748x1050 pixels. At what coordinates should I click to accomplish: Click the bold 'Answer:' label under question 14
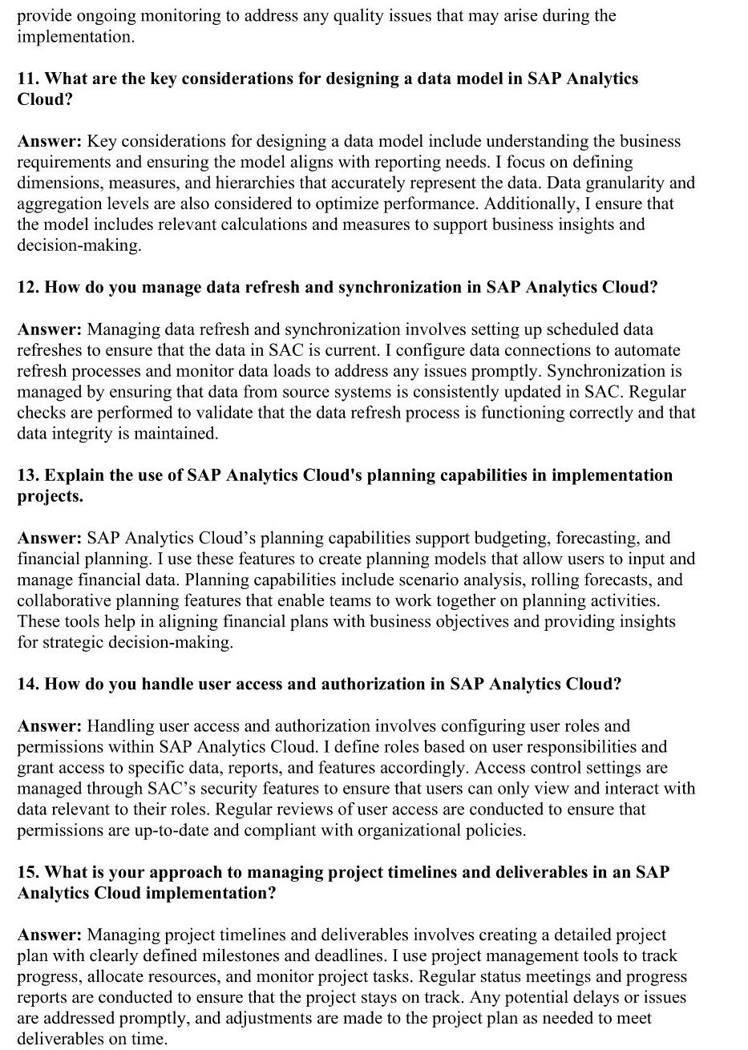(49, 726)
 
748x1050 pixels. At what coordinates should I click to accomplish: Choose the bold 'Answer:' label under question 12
(49, 329)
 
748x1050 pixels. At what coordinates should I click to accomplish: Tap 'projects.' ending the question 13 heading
(50, 496)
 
